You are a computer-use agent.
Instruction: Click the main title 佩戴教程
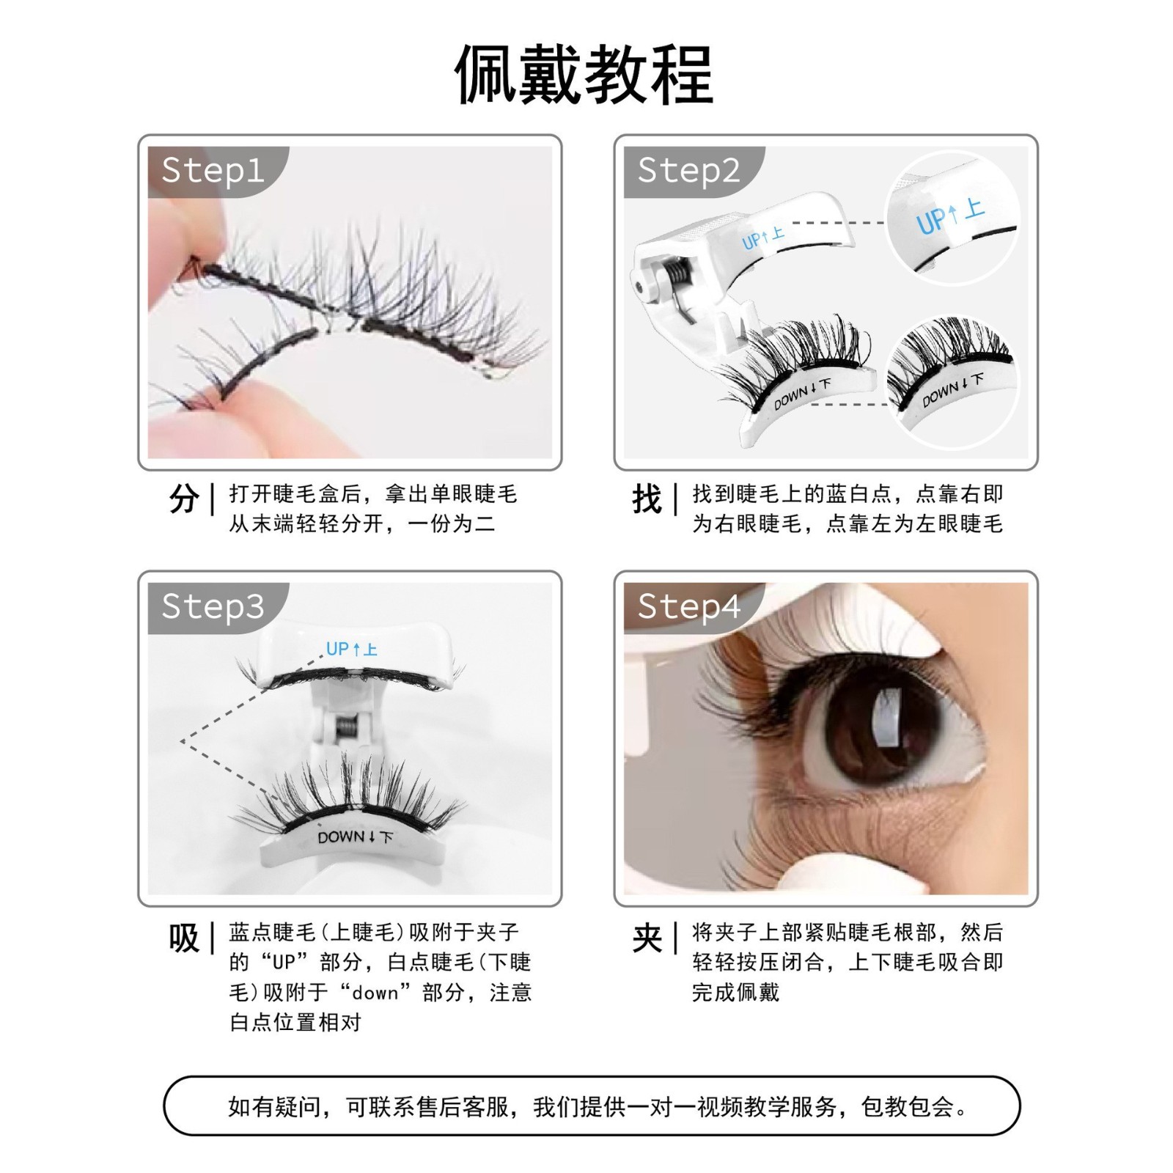(584, 75)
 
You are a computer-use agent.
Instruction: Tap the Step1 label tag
(213, 171)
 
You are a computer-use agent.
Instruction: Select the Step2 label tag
(688, 171)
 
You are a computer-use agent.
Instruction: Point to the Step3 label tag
(213, 607)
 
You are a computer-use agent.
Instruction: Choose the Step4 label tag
(688, 607)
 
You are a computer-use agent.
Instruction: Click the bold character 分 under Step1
(184, 499)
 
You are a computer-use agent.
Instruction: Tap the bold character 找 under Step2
(647, 499)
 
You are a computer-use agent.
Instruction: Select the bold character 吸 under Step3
(184, 938)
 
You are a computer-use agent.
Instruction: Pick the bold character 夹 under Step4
(647, 938)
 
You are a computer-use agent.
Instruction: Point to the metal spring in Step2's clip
(679, 279)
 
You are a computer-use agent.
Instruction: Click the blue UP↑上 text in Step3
(351, 650)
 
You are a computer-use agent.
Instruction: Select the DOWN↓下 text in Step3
(356, 837)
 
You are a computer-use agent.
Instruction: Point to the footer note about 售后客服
(592, 1106)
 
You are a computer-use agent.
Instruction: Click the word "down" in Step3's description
(376, 993)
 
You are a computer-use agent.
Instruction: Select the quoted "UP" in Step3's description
(283, 963)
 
